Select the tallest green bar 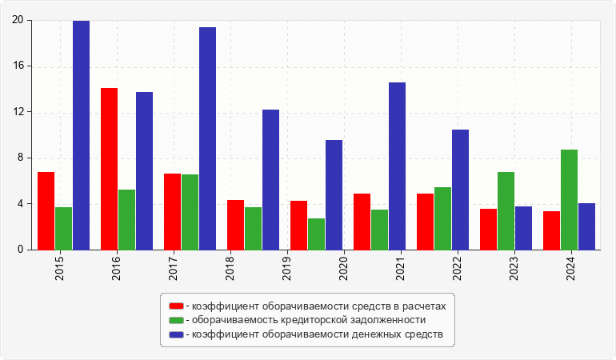tap(569, 200)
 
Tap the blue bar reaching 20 tap(81, 134)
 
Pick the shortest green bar tap(316, 234)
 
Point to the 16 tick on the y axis tap(18, 66)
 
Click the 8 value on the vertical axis tap(21, 158)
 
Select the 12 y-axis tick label tap(18, 112)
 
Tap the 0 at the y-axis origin tap(21, 250)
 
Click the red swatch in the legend tap(176, 306)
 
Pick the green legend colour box tap(176, 320)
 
